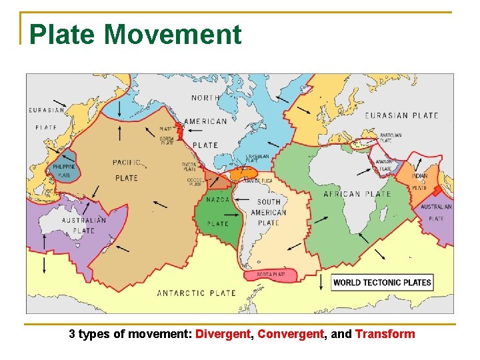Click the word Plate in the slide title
click(62, 34)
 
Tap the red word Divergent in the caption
click(223, 334)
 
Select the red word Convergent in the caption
click(290, 334)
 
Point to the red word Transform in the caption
click(385, 334)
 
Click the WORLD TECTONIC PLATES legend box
click(382, 282)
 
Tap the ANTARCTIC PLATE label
click(196, 293)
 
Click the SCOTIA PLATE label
click(271, 274)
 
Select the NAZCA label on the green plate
click(218, 199)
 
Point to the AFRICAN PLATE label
click(357, 194)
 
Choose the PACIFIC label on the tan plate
click(127, 162)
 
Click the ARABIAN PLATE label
click(385, 165)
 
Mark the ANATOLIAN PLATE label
click(391, 138)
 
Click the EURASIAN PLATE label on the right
click(401, 115)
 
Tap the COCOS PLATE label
click(194, 181)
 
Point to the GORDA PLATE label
click(167, 141)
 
